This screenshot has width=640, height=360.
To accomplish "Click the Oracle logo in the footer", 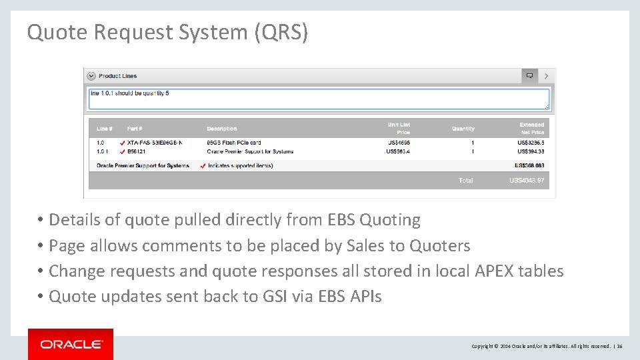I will coord(71,344).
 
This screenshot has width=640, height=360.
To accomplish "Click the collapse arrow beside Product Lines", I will coord(91,76).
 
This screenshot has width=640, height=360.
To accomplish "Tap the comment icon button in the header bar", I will coord(529,76).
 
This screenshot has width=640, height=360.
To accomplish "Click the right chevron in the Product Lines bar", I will coord(547,76).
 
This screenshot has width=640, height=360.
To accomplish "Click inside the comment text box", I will coord(319,99).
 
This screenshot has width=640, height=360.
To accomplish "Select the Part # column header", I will coord(135,129).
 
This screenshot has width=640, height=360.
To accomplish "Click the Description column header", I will coord(222,129).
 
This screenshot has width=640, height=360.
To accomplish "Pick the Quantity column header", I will coord(463,129).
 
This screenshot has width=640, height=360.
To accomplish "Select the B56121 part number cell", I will coord(137,151).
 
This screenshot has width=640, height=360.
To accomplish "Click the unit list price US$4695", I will coord(398,143).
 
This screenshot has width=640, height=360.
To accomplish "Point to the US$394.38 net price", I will coord(531,151).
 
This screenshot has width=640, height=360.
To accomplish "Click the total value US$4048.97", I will coord(527,181).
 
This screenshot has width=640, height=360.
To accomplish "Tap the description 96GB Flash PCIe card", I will coord(234,143).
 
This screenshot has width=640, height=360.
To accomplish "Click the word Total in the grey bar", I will coord(465,181).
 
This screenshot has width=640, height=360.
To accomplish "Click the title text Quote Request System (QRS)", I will coord(167,32).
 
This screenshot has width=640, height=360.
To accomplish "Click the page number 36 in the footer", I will coord(619,347).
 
